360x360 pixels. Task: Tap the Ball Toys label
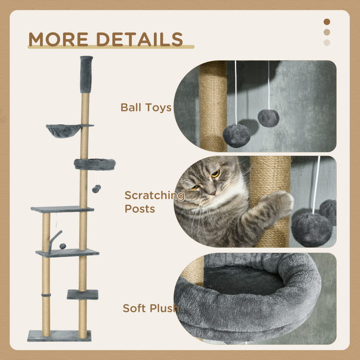(x=146, y=107)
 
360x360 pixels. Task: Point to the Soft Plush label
(x=151, y=308)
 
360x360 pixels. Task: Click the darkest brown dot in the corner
(x=327, y=21)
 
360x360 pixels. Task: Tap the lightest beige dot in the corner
(x=327, y=42)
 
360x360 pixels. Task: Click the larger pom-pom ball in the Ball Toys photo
(x=236, y=135)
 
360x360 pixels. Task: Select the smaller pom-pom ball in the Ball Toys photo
(x=268, y=117)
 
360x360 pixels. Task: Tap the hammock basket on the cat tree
(x=62, y=131)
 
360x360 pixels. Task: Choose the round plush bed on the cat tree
(x=95, y=164)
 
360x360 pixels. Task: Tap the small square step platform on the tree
(x=82, y=294)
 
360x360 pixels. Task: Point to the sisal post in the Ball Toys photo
(x=213, y=105)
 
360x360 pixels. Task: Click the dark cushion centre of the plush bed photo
(x=245, y=279)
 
